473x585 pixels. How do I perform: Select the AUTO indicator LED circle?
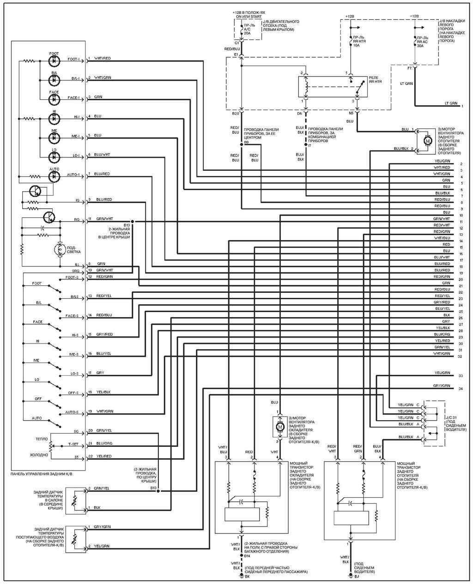(x=55, y=176)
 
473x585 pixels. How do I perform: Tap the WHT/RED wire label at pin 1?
(x=102, y=58)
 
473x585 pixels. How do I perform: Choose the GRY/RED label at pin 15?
(x=104, y=334)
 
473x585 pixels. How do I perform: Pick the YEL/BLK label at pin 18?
(x=103, y=392)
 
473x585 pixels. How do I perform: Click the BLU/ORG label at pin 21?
(x=104, y=443)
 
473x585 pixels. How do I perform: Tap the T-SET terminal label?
(x=73, y=444)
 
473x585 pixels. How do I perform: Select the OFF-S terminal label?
(x=73, y=393)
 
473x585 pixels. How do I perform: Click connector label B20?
(x=235, y=113)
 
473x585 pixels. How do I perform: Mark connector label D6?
(x=299, y=113)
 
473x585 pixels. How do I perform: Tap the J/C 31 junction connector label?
(x=450, y=418)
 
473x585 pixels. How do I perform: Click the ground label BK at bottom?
(x=247, y=577)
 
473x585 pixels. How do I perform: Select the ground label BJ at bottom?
(x=357, y=577)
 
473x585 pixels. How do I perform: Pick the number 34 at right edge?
(x=461, y=389)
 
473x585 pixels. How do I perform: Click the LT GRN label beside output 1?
(x=450, y=103)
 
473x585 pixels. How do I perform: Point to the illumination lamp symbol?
(x=59, y=249)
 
